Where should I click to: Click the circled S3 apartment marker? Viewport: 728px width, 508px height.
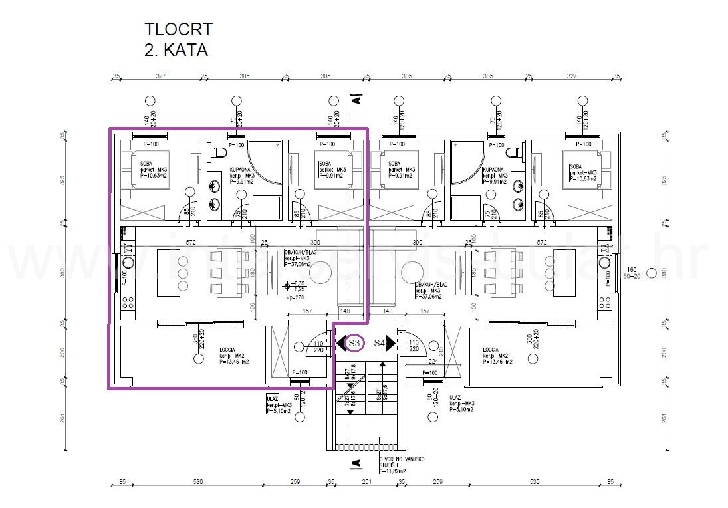[355, 344]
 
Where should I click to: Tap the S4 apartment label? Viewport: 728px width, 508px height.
[379, 344]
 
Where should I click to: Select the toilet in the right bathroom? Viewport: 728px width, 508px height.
[514, 153]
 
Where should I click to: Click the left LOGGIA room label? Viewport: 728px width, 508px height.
[228, 349]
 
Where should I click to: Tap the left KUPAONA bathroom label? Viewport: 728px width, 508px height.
[241, 170]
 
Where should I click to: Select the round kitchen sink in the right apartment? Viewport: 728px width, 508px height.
[602, 262]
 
